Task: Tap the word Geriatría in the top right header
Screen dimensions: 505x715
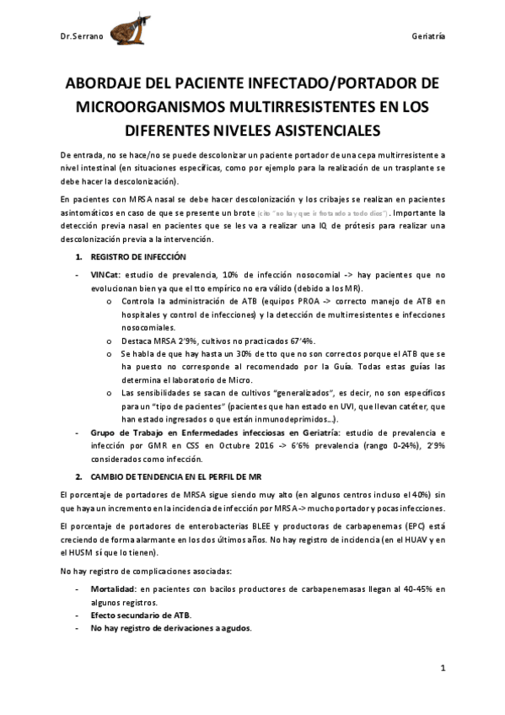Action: click(x=428, y=38)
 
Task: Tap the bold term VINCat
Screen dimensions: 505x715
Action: click(x=106, y=274)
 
